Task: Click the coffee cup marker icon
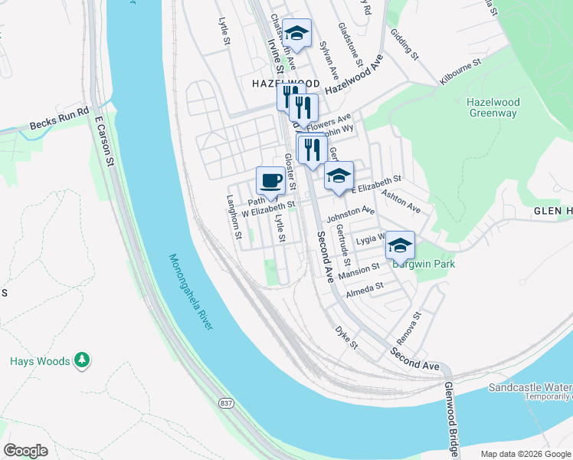click(x=270, y=182)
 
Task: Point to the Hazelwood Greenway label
click(x=492, y=108)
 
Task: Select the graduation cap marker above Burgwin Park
click(x=399, y=246)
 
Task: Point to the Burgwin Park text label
click(x=424, y=264)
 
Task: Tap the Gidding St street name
click(x=404, y=45)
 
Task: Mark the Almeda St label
click(x=364, y=287)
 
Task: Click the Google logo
click(x=26, y=451)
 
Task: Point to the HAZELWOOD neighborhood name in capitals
click(x=282, y=82)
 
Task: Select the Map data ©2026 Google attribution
click(x=526, y=454)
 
